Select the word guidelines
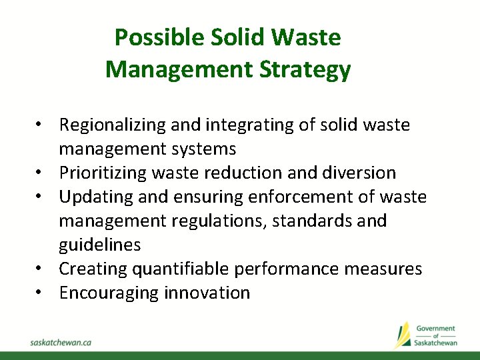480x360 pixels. pos(100,245)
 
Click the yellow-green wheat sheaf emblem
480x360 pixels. pos(403,335)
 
